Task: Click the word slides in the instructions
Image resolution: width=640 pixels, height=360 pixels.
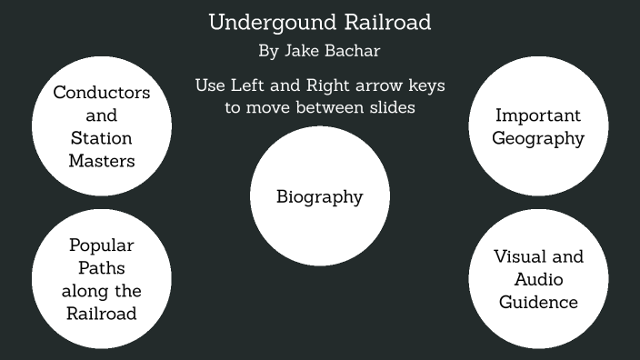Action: (x=391, y=107)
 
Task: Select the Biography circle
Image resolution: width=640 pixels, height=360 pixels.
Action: (x=319, y=196)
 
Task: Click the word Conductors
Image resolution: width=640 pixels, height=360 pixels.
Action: (x=102, y=93)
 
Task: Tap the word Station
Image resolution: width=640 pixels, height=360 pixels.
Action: (x=102, y=138)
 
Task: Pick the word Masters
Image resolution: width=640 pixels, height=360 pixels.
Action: (x=102, y=161)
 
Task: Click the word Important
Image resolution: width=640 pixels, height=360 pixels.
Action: (x=538, y=115)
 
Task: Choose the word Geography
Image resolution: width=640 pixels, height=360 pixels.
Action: (x=538, y=139)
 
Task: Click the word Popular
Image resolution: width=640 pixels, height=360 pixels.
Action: (x=102, y=245)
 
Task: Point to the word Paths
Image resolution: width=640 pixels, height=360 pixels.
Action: (x=102, y=268)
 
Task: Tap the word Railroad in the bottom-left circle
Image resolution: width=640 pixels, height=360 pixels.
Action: (x=102, y=314)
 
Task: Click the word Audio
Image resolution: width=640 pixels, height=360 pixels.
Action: (x=538, y=279)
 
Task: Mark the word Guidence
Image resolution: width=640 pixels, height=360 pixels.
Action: (x=538, y=302)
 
